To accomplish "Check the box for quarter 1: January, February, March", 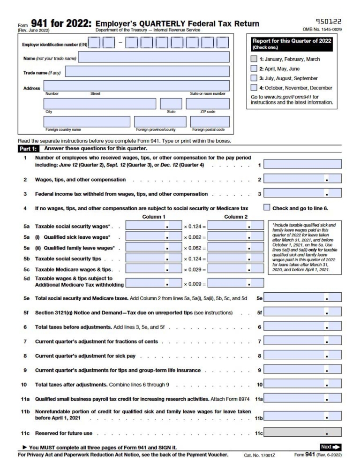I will [x=254, y=59].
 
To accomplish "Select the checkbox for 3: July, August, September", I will [x=254, y=78].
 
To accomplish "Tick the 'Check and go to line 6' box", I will [x=267, y=208].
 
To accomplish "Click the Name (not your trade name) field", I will [x=154, y=57].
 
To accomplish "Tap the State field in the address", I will [x=171, y=104].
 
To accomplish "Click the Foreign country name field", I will [x=86, y=122].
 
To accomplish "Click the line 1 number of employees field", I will [x=302, y=164].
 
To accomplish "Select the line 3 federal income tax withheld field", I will [x=302, y=193].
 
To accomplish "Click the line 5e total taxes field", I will [x=302, y=297].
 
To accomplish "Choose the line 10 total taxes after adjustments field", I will [x=302, y=384].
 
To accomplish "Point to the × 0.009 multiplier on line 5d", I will [x=194, y=283].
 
